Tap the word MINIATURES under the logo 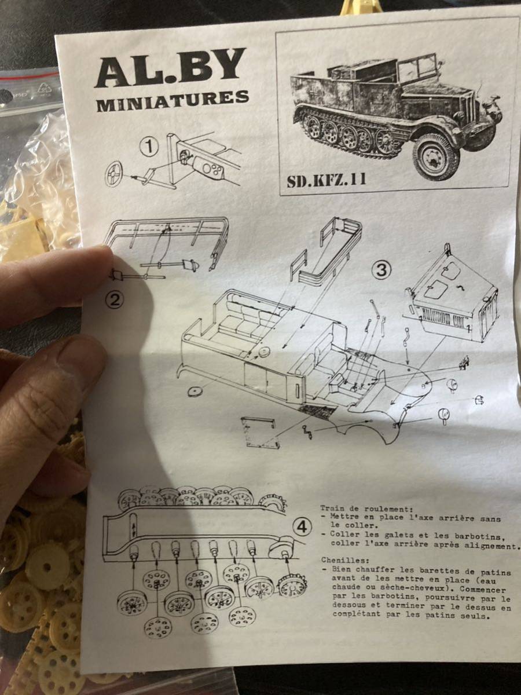coord(173,100)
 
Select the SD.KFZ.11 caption coord(326,180)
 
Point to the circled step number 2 coord(115,299)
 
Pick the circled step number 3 coord(381,270)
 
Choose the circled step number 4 coord(302,528)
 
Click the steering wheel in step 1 coord(114,174)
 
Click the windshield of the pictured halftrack coord(417,67)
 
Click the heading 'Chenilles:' coord(345,561)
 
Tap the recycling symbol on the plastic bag coord(45,89)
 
